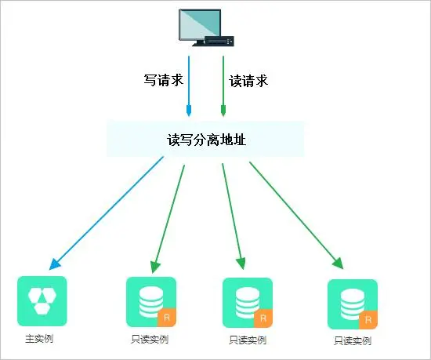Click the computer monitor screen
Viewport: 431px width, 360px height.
point(200,24)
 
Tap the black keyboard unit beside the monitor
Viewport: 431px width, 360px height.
point(219,42)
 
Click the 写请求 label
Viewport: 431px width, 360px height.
point(163,80)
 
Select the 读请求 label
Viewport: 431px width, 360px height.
point(248,81)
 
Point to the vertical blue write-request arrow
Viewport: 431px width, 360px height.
point(189,86)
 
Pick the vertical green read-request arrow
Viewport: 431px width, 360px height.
point(223,86)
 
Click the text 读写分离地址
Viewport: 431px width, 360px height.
point(206,140)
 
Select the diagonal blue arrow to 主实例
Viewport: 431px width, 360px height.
point(107,213)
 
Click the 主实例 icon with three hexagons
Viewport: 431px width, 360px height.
point(42,301)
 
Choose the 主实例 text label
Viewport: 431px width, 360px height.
point(39,339)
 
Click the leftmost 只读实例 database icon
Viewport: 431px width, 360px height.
point(151,302)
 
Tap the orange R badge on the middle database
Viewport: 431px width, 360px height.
point(263,318)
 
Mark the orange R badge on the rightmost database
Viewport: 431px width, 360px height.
point(368,320)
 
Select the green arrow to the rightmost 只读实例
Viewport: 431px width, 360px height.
point(296,216)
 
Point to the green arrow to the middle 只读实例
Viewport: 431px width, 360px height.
point(233,216)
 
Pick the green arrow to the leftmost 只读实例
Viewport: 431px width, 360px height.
point(168,219)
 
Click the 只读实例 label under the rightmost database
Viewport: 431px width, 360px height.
point(353,341)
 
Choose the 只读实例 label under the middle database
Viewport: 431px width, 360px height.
point(248,340)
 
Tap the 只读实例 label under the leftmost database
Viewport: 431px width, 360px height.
point(150,340)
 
